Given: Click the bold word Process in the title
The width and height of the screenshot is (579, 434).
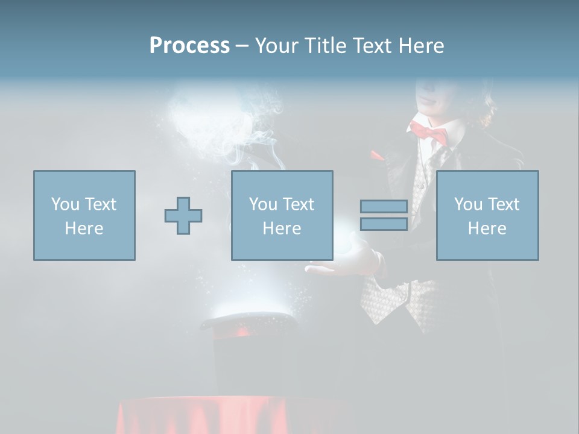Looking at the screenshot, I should pyautogui.click(x=189, y=45).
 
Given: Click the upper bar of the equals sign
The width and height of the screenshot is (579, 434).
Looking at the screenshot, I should pyautogui.click(x=384, y=207).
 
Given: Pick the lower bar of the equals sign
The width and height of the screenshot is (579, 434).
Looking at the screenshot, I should pyautogui.click(x=384, y=224).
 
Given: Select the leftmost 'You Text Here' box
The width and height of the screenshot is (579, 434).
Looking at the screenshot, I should pyautogui.click(x=84, y=215).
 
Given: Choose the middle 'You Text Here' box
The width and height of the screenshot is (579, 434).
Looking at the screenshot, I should pyautogui.click(x=282, y=215).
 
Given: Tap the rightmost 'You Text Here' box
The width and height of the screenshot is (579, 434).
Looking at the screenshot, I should pyautogui.click(x=487, y=215).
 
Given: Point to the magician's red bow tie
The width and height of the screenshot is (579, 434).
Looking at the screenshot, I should pyautogui.click(x=429, y=131).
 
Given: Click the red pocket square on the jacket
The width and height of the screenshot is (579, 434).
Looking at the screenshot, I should pyautogui.click(x=377, y=156).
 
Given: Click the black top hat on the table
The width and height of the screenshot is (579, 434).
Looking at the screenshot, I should pyautogui.click(x=250, y=356).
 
